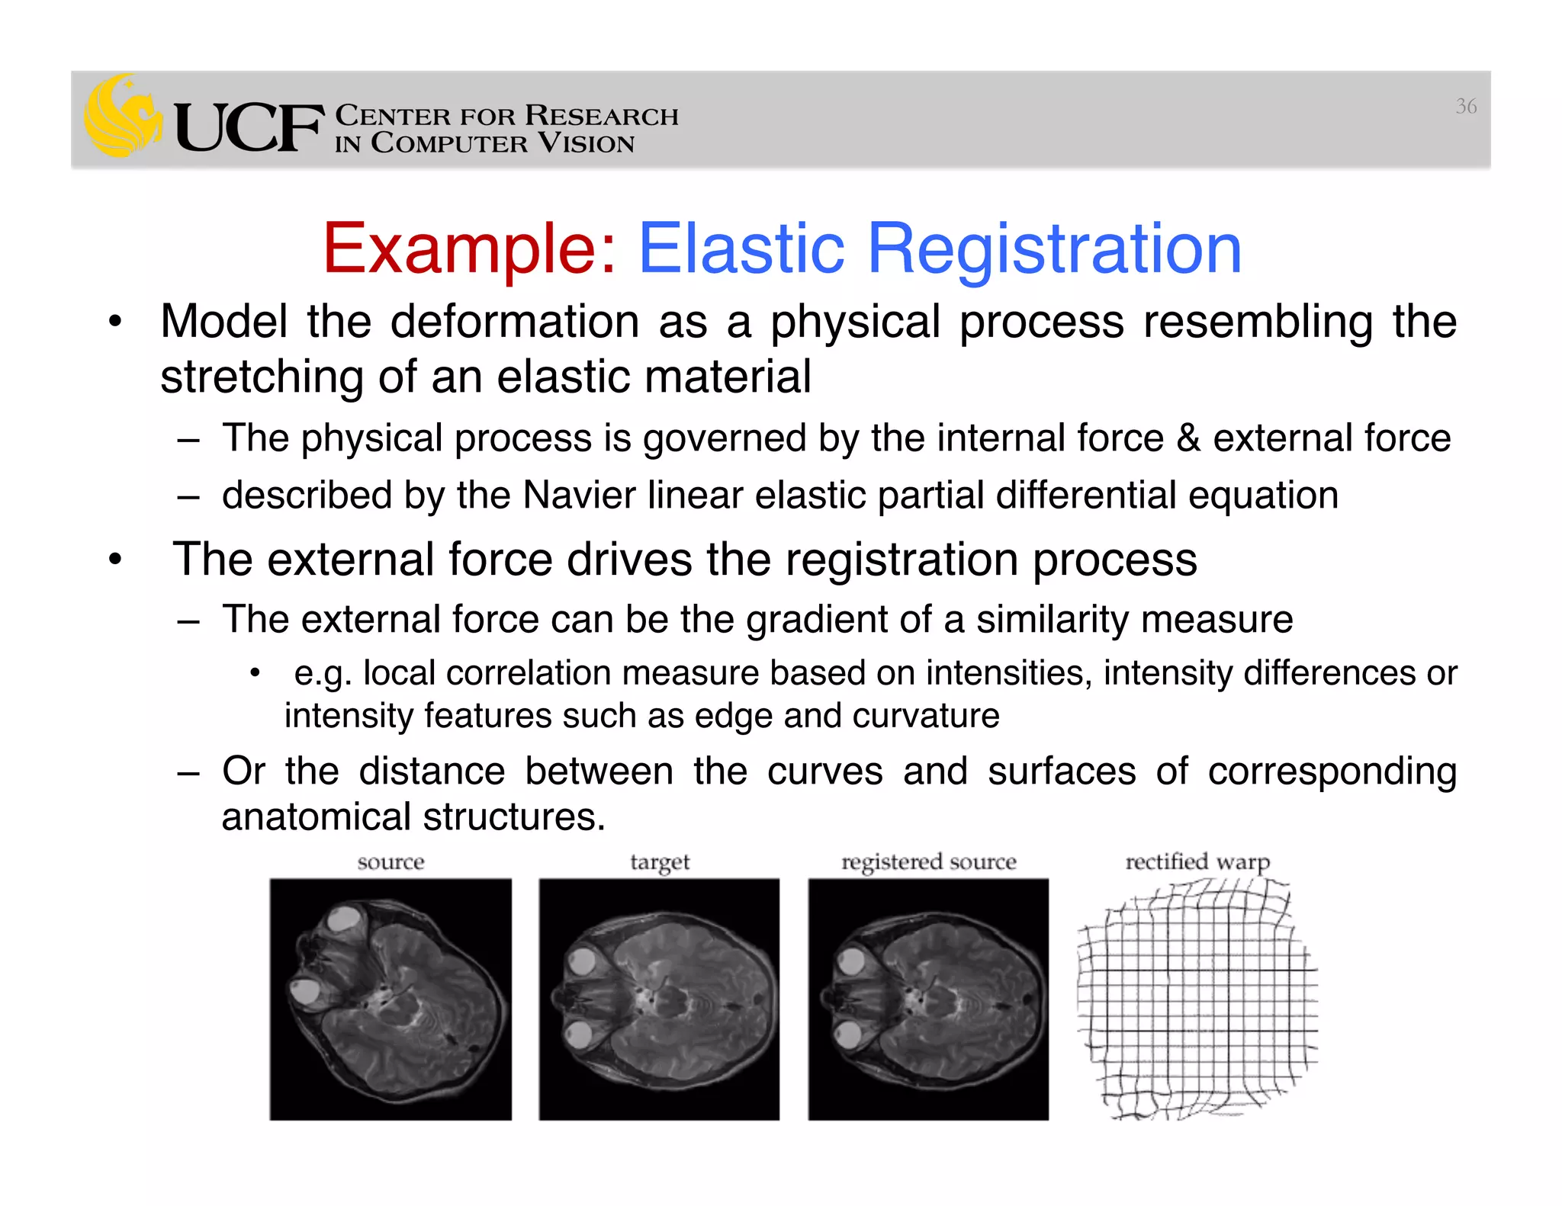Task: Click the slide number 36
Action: tap(1466, 107)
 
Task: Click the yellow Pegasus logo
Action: tap(122, 117)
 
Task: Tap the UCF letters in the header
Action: tap(248, 128)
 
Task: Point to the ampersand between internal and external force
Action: tap(1188, 438)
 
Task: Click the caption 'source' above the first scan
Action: tap(390, 862)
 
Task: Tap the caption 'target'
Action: tap(660, 862)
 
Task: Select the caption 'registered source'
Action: tap(928, 862)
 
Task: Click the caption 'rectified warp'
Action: tap(1197, 862)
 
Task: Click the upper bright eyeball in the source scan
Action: tap(343, 920)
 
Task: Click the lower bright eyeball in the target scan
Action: tap(579, 1036)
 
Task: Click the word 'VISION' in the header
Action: tap(586, 143)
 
